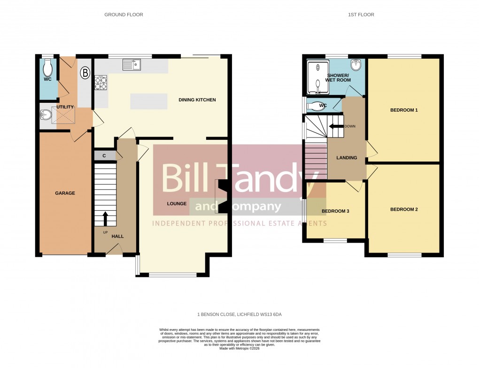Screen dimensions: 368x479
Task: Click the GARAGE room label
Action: click(x=65, y=193)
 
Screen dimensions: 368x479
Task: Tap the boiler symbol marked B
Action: click(x=85, y=73)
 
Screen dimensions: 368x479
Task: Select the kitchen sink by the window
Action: click(x=132, y=65)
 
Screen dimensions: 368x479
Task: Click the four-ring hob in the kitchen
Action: click(x=100, y=83)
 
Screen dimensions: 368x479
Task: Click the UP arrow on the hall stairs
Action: click(x=105, y=219)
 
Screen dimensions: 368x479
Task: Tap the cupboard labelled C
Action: click(x=105, y=155)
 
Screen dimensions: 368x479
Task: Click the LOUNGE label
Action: click(x=177, y=204)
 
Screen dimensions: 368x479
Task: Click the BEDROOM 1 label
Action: click(x=404, y=110)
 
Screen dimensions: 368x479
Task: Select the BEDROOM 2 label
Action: click(x=404, y=209)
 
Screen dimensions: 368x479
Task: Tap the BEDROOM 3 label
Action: click(x=335, y=211)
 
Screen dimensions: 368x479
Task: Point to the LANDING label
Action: click(x=347, y=158)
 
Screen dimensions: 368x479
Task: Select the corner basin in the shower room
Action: click(x=356, y=65)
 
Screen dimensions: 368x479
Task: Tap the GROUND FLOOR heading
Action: click(x=124, y=15)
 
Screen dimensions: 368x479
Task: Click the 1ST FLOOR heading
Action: click(x=361, y=15)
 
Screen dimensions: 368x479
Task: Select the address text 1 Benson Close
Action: click(x=239, y=314)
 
